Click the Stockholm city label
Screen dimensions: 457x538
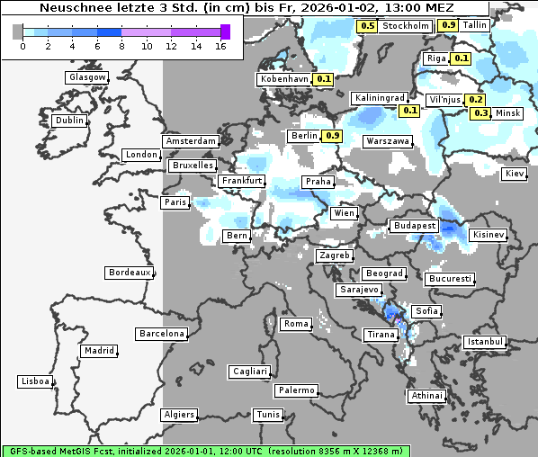pos(405,26)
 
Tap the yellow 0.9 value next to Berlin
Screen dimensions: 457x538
pos(332,136)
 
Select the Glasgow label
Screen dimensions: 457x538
pos(87,77)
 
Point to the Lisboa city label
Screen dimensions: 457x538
pos(36,381)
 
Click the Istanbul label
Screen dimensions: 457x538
pos(485,342)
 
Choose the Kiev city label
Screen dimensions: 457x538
pos(515,174)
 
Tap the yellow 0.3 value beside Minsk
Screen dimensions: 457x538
pos(481,113)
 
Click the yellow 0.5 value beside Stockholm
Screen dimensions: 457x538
pos(367,26)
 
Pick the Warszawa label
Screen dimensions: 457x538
pos(388,141)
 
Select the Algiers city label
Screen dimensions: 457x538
pos(178,415)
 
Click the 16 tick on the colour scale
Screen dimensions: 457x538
pos(220,45)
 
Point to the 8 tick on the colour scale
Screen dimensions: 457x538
pos(122,45)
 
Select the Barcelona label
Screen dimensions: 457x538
pos(162,334)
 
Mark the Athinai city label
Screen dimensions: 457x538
pos(426,396)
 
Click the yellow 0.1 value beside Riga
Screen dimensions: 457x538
pos(462,58)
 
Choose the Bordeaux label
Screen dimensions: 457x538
pos(129,273)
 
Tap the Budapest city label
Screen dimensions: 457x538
pos(414,225)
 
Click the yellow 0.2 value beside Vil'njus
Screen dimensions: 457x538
pos(476,100)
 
